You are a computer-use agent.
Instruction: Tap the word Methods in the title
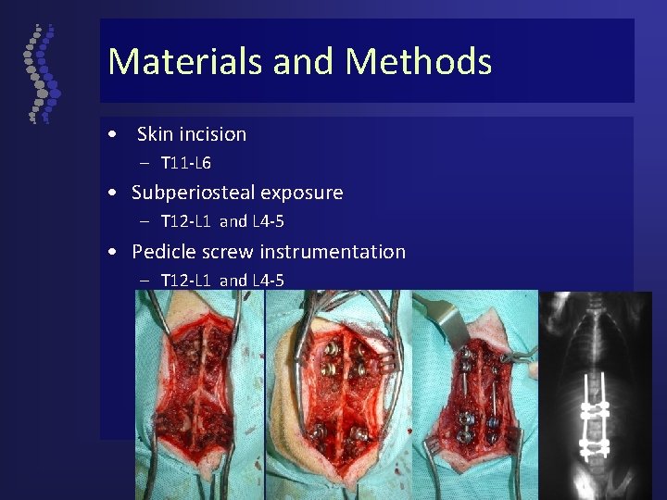coord(418,62)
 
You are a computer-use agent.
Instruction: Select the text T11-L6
coord(185,164)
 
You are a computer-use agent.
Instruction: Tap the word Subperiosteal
coord(193,194)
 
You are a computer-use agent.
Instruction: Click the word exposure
coord(301,194)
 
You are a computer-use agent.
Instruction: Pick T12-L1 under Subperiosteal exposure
coord(186,222)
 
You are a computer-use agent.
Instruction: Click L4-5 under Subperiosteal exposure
coord(268,222)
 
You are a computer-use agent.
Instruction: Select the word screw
coord(229,252)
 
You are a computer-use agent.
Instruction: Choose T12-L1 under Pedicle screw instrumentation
coord(186,281)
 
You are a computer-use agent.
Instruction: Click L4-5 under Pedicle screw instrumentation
coord(268,281)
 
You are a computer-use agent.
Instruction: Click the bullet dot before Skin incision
coord(111,134)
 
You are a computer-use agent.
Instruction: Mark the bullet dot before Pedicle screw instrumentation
coord(111,252)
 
